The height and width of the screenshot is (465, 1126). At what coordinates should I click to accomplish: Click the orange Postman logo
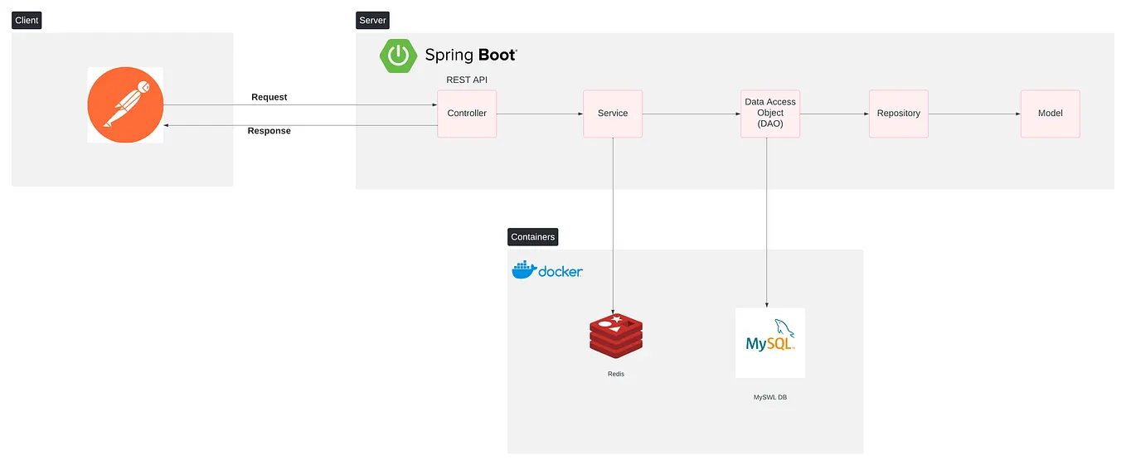(x=125, y=105)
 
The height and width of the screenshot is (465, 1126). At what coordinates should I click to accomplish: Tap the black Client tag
(x=27, y=20)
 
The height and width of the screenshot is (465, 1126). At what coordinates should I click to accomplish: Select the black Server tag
(x=372, y=20)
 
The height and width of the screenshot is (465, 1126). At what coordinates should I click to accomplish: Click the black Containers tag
(x=532, y=237)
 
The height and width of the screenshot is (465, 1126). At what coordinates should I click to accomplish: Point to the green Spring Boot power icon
(x=399, y=56)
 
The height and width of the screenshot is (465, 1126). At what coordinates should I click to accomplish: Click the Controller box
(x=467, y=114)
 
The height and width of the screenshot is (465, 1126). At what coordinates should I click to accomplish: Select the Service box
(x=613, y=114)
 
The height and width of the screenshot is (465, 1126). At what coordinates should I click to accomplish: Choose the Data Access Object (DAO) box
(x=769, y=114)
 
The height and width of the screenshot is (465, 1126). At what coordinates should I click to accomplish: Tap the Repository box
(x=898, y=114)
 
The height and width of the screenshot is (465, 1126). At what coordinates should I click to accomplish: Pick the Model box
(x=1050, y=114)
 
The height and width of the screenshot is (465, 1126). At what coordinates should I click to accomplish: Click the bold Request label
(x=269, y=97)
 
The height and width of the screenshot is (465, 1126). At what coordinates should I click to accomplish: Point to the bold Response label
(x=269, y=131)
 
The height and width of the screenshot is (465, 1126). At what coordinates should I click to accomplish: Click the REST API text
(x=467, y=80)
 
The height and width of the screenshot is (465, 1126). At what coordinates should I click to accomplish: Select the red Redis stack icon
(x=616, y=337)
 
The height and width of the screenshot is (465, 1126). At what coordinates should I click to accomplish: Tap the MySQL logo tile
(x=769, y=342)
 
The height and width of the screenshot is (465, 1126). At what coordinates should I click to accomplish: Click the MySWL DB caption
(x=769, y=398)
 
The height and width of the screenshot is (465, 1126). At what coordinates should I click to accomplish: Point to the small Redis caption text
(x=616, y=374)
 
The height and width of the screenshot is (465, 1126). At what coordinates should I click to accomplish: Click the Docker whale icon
(x=523, y=270)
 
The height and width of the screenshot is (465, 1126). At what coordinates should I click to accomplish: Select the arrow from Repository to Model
(x=974, y=114)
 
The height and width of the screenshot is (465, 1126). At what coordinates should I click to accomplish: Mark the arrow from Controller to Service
(x=540, y=114)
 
